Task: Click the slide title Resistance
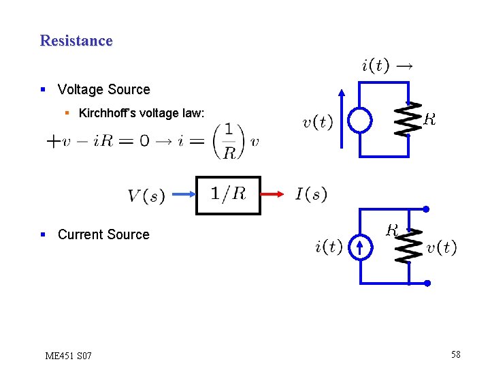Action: click(76, 41)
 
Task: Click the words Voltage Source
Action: click(103, 89)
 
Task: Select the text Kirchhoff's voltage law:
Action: click(142, 113)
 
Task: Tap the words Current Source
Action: click(103, 234)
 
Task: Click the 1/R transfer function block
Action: click(228, 195)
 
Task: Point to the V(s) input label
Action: click(146, 196)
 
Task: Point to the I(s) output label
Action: click(312, 195)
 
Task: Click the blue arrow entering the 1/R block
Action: click(184, 196)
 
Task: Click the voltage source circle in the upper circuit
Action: click(359, 121)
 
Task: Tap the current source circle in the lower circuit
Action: click(359, 247)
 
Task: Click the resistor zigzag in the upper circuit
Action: click(408, 120)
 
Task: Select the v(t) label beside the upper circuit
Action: click(317, 123)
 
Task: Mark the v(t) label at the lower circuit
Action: click(442, 247)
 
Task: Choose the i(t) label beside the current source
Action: click(329, 246)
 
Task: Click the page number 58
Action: click(455, 354)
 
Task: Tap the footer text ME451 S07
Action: click(68, 356)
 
